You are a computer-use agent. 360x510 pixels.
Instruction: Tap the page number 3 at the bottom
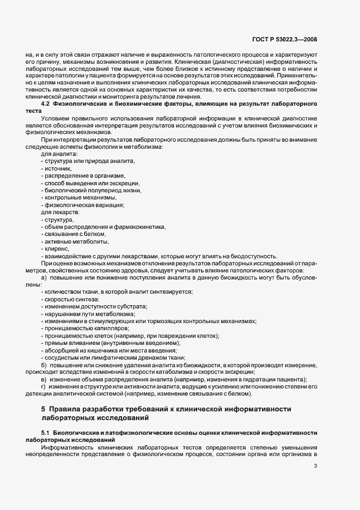click(x=316, y=466)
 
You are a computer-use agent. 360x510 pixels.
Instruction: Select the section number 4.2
click(x=47, y=104)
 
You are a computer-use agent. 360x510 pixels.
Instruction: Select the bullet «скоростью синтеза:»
click(x=71, y=299)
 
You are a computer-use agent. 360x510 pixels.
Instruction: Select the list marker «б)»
click(x=44, y=364)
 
